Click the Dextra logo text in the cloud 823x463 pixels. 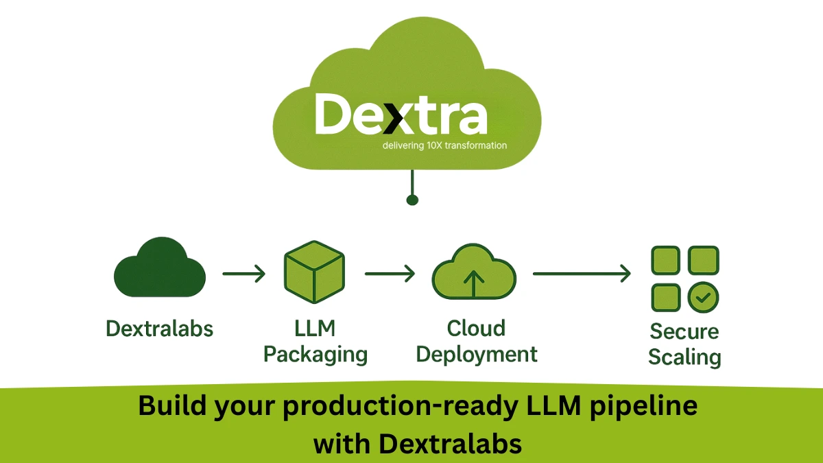pos(401,115)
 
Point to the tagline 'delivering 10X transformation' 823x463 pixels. pos(445,145)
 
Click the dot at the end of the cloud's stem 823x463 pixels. pos(412,200)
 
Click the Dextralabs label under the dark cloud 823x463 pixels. pos(159,329)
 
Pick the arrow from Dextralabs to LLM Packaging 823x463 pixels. pos(243,274)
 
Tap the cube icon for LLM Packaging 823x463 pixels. pos(314,272)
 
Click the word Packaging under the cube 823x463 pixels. pos(315,355)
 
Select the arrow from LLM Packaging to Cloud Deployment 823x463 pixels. pos(390,274)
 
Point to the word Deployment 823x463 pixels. pos(477,355)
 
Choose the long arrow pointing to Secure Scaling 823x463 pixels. pos(582,274)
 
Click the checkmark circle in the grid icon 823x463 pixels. pos(703,297)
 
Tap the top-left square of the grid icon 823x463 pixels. pos(665,261)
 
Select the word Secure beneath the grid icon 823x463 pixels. pos(684,331)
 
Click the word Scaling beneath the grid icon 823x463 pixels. pos(684,357)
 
